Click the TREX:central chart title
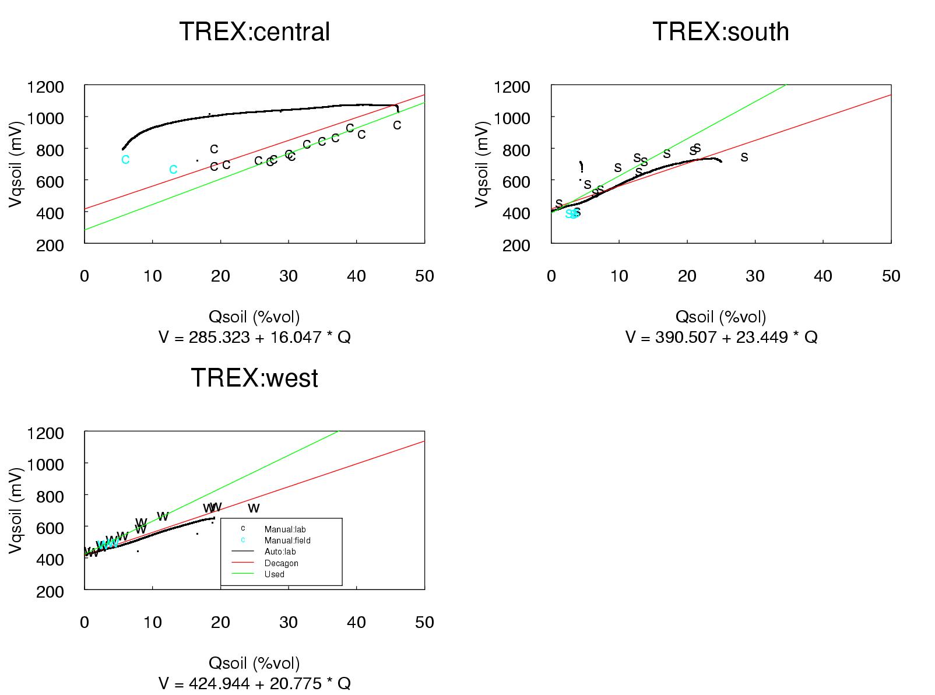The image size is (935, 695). click(x=254, y=31)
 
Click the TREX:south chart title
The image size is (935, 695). click(x=720, y=31)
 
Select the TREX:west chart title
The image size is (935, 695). click(x=254, y=378)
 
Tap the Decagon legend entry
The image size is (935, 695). click(x=281, y=563)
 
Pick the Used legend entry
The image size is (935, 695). click(x=274, y=574)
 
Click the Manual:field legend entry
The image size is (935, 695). click(x=287, y=540)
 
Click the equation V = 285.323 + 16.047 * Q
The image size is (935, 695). click(x=254, y=337)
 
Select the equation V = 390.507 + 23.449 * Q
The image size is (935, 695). click(x=721, y=337)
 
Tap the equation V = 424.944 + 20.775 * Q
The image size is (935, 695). click(x=254, y=683)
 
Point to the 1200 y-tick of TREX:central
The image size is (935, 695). click(x=45, y=87)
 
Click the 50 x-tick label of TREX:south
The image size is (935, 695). click(x=891, y=276)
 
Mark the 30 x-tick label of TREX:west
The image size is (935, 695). click(x=289, y=623)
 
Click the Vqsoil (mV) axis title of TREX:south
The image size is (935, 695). click(x=481, y=165)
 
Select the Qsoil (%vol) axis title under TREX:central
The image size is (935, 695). click(x=254, y=317)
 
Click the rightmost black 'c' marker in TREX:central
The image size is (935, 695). click(x=397, y=125)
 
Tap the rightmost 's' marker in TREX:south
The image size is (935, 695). click(x=744, y=156)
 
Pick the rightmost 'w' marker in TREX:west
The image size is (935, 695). click(x=254, y=508)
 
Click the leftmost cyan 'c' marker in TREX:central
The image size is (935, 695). click(x=125, y=159)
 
